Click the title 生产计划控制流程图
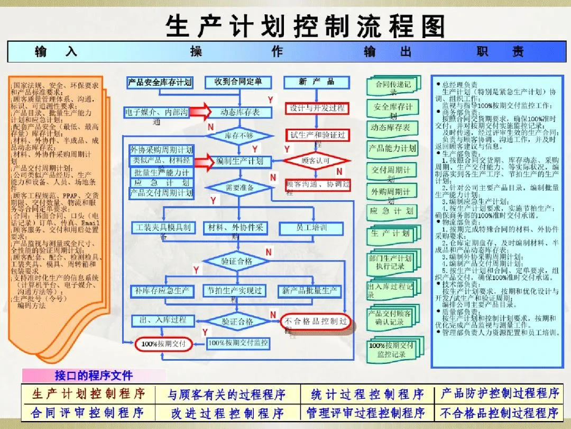pos(305,26)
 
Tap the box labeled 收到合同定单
pos(238,82)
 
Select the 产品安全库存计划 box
pos(160,83)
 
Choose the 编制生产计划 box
pos(240,161)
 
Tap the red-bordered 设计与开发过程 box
pos(317,109)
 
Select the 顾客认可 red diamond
pos(316,160)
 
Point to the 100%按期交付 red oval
pos(163,344)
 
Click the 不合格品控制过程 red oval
pos(316,321)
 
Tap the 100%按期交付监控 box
pos(237,343)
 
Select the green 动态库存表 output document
pos(391,128)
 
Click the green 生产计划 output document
pos(390,234)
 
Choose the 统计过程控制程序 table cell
pos(367,394)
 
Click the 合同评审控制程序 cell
pos(88,412)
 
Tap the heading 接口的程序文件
pos(94,376)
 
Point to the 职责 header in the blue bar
pos(500,51)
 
